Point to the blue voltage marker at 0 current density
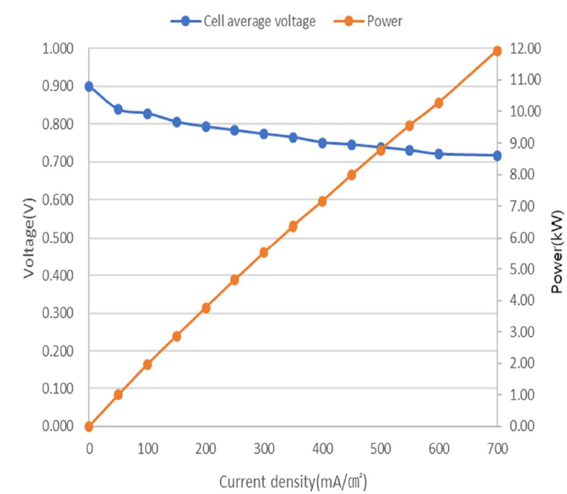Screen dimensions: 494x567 (x=89, y=86)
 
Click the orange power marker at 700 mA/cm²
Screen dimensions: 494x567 (x=497, y=51)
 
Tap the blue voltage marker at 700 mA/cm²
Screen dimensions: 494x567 (x=497, y=155)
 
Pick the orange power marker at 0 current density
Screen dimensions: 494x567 (x=89, y=426)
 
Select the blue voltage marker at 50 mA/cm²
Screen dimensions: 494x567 (x=118, y=109)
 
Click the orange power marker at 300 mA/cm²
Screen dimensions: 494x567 (x=264, y=252)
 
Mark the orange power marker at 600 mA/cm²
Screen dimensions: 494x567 (x=439, y=103)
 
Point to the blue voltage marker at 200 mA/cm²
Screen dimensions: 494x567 (x=206, y=127)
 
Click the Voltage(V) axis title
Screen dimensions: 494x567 (x=29, y=238)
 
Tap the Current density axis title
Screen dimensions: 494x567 (x=293, y=481)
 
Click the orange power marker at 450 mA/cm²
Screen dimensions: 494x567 (x=352, y=175)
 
